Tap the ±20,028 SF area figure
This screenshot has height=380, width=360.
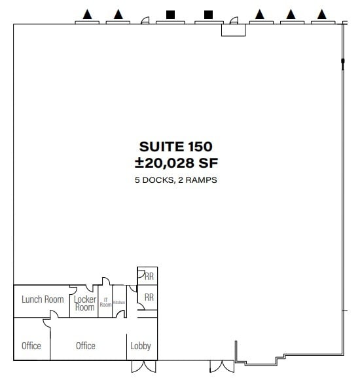pos(175,162)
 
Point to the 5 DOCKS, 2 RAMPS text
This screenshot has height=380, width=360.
pos(175,179)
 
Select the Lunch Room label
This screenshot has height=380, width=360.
pos(43,299)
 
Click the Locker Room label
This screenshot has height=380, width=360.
pos(85,303)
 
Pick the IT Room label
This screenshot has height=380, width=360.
pos(105,302)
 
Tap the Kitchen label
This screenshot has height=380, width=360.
pos(119,302)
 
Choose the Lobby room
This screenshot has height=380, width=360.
pos(141,346)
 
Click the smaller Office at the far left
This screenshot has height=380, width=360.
pos(31,346)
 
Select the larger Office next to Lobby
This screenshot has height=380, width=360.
pos(86,346)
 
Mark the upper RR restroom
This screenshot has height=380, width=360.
pos(149,276)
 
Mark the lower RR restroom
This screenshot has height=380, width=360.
pos(149,297)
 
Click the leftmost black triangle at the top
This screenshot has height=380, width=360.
pos(87,14)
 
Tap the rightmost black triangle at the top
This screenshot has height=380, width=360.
pos(321,14)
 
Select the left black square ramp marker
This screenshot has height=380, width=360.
pos(170,14)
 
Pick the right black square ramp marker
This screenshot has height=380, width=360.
pos(209,14)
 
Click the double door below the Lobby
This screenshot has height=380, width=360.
pos(143,366)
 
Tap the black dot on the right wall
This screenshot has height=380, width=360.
pos(342,62)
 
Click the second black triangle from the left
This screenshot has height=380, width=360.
pos(118,14)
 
